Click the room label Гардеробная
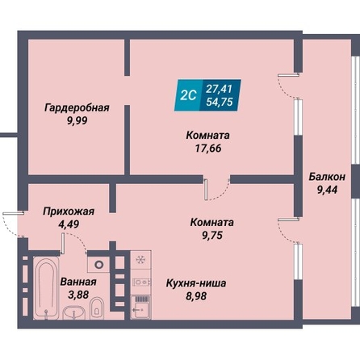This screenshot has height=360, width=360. click(77, 107)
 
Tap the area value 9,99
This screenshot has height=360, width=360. click(77, 121)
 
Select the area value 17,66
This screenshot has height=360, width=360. click(208, 149)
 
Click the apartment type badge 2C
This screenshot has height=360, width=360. click(188, 95)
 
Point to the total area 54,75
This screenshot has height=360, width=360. click(220, 102)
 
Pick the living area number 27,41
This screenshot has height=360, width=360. click(219, 89)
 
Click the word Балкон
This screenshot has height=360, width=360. click(327, 177)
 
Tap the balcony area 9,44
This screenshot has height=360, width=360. click(327, 190)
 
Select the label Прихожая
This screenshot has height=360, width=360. click(69, 211)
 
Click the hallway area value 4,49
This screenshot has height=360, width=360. click(69, 224)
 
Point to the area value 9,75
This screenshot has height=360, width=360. click(212, 236)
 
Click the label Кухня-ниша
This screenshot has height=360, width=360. click(196, 283)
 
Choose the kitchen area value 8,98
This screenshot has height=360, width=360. click(196, 296)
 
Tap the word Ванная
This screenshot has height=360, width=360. click(78, 282)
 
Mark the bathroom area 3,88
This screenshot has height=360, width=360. click(78, 295)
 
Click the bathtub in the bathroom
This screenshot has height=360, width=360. click(46, 288)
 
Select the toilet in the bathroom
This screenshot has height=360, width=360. click(96, 308)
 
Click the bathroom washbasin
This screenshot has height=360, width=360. click(73, 313)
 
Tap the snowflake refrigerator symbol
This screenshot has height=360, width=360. click(140, 260)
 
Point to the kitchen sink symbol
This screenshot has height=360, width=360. click(140, 308)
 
